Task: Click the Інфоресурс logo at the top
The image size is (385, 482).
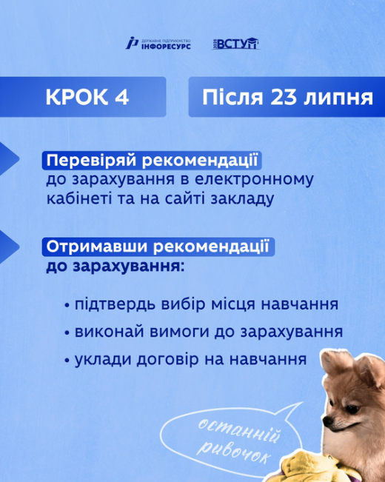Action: (x=158, y=44)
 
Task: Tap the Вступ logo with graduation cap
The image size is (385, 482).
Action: (x=236, y=44)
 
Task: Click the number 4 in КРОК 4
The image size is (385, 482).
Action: (x=121, y=97)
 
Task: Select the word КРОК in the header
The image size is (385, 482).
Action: (x=77, y=97)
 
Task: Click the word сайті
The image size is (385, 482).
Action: (x=185, y=198)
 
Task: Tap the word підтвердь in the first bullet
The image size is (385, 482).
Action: (x=115, y=304)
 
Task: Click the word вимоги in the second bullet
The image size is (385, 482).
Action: (x=180, y=332)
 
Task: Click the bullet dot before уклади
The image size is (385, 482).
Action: (x=67, y=361)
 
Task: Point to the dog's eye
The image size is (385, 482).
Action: (x=352, y=409)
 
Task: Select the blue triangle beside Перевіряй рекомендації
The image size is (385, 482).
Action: (x=9, y=159)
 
